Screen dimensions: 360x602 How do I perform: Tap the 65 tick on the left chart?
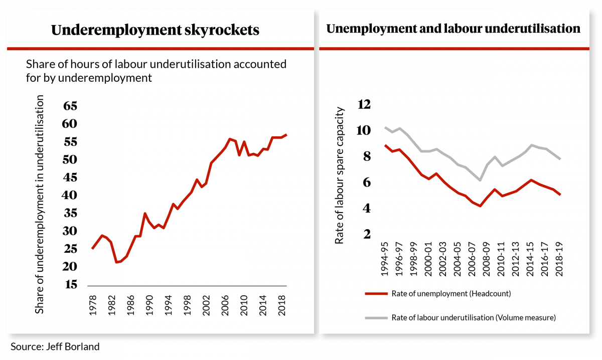tap(70, 106)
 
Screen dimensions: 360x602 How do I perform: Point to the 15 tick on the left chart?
tap(70, 284)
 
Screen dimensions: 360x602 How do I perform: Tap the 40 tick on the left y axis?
tap(70, 195)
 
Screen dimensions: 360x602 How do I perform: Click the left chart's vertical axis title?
tap(40, 205)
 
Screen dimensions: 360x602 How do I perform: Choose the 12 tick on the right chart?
tap(363, 104)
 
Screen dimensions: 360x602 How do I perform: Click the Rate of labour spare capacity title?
tap(340, 175)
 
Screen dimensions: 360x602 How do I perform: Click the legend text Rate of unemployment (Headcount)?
tap(451, 294)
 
